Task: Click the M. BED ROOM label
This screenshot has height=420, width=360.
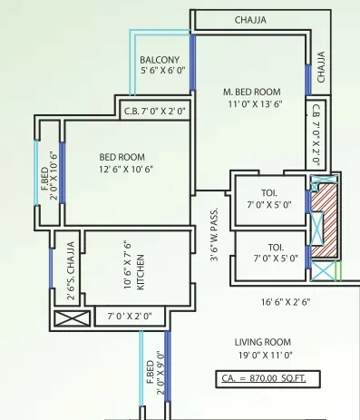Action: [253, 92]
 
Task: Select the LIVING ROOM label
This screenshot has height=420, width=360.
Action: [262, 341]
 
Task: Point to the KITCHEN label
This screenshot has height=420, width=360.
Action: [140, 270]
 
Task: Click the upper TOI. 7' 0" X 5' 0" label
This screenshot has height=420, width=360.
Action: [270, 199]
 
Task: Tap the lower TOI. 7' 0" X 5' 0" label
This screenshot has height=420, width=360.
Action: [270, 252]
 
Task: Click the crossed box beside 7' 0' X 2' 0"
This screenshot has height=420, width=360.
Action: [73, 318]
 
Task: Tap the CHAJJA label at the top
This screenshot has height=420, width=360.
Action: [251, 19]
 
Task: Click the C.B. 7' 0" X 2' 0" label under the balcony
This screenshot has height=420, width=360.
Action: [154, 111]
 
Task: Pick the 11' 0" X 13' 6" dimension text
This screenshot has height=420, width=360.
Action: [253, 103]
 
